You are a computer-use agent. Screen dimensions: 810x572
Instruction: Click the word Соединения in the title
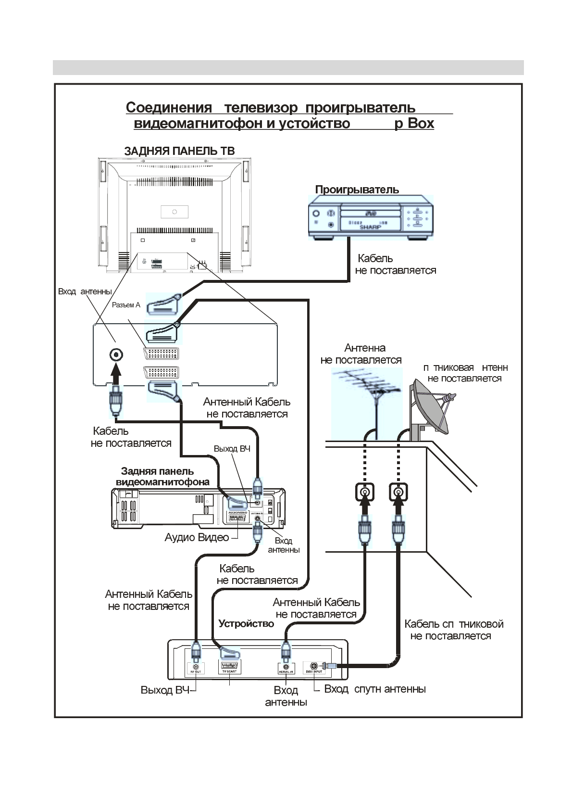pos(169,107)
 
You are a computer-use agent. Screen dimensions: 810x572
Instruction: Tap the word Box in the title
pos(421,124)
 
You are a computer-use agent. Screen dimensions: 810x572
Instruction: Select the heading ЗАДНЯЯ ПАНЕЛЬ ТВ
pos(179,151)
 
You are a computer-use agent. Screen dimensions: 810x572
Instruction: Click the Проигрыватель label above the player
pos(357,190)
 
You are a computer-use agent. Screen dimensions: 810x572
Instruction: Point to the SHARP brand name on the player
pos(370,227)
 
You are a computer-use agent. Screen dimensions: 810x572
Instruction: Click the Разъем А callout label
pos(126,305)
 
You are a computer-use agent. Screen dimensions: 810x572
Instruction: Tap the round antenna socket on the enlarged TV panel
pos(116,355)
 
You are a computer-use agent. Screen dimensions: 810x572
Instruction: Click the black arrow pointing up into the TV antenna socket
pos(116,373)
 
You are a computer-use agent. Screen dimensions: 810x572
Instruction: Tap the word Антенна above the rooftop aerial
pos(365,348)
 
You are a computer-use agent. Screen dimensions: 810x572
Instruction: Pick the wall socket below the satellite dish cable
pos(398,492)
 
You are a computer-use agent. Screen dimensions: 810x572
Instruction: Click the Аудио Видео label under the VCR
pos(197,537)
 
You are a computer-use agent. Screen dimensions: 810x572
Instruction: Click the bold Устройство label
pos(246,624)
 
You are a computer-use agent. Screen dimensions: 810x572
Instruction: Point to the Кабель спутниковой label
pos(453,624)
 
